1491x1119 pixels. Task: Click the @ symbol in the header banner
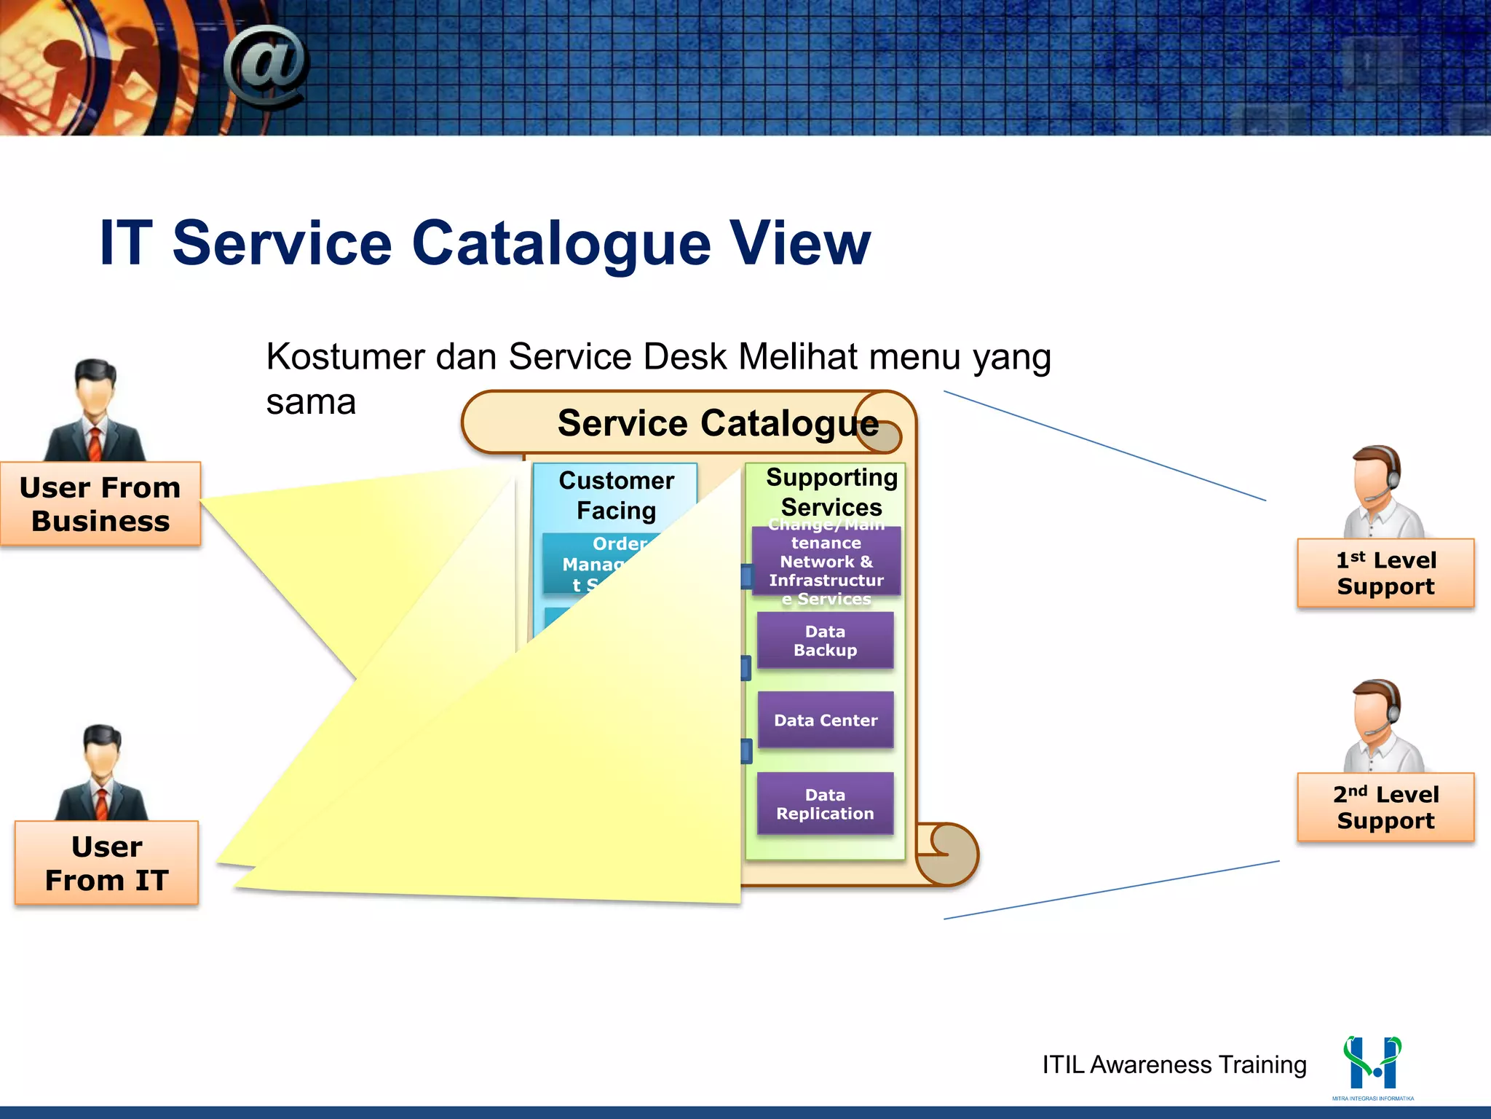click(266, 66)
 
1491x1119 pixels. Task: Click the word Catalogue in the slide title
click(561, 243)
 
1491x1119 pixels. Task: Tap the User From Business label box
click(100, 504)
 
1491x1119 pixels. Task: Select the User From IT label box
click(106, 863)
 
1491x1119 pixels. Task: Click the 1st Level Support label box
click(1385, 573)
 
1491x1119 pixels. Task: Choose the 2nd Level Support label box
click(1385, 807)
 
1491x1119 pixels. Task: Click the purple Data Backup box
click(825, 640)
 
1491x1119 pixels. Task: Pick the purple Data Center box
click(825, 721)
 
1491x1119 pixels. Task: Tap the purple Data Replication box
click(825, 804)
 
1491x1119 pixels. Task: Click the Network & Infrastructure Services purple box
click(826, 562)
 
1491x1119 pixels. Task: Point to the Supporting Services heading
click(831, 492)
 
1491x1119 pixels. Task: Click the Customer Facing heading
click(616, 495)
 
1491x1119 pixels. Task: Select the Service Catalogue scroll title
click(717, 423)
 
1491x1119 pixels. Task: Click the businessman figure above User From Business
click(95, 412)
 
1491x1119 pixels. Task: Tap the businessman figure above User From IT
click(102, 774)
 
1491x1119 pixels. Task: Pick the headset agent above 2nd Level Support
click(1381, 726)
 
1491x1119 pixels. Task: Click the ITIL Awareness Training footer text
click(1174, 1064)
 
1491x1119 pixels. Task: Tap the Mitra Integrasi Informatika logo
click(1372, 1065)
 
